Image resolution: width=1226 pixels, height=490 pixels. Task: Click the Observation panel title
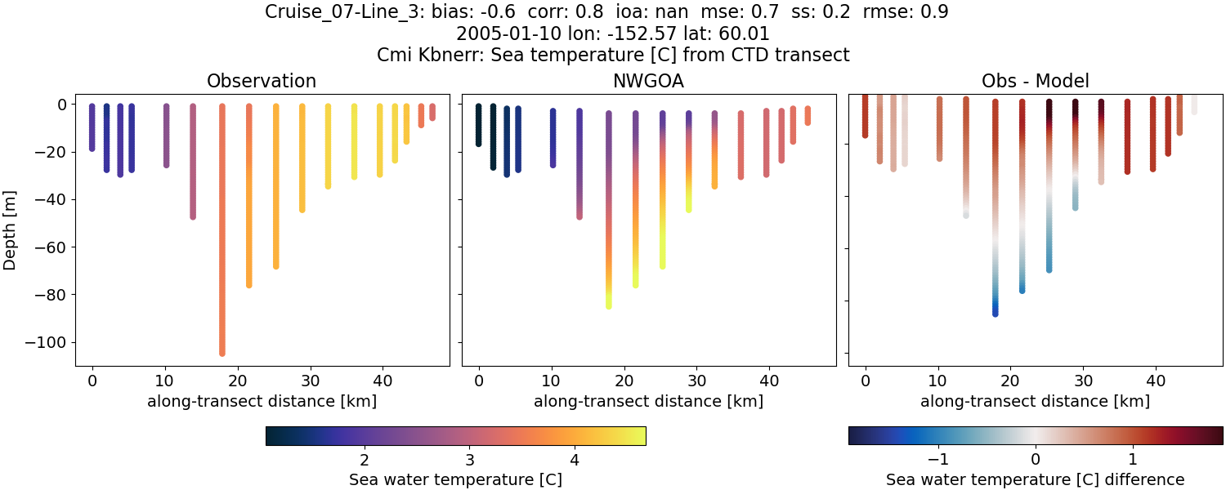262,81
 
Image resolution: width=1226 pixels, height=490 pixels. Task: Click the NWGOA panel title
649,81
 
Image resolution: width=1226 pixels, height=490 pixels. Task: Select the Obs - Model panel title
1035,81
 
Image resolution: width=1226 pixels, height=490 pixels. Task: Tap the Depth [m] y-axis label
10,228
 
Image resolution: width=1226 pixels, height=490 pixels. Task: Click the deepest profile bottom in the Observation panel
222,353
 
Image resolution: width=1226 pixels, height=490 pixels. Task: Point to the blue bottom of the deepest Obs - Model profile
995,313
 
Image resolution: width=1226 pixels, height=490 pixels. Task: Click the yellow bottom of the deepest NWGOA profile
609,305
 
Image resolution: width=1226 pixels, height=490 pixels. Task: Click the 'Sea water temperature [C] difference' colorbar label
1035,479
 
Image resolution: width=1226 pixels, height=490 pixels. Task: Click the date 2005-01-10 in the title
500,34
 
